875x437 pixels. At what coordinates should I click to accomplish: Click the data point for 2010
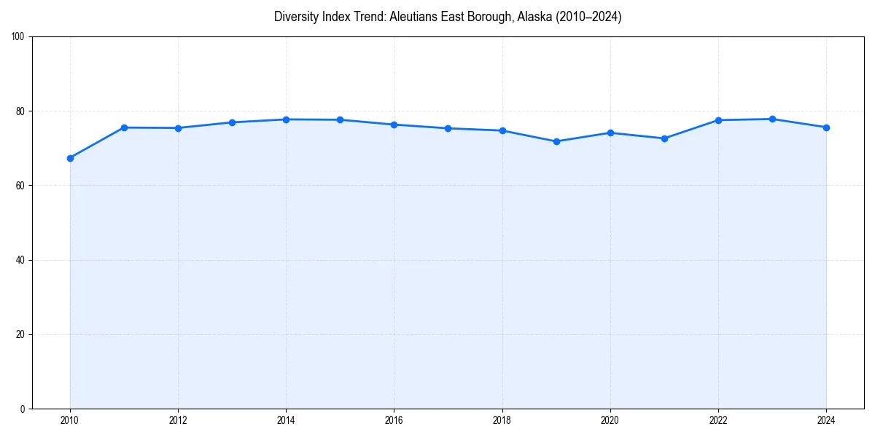tap(70, 158)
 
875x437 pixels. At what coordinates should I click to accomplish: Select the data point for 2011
tap(124, 127)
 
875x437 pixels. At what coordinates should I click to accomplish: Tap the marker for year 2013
tap(232, 122)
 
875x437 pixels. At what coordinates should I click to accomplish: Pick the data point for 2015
tap(340, 119)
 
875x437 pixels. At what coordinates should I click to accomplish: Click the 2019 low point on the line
tap(556, 141)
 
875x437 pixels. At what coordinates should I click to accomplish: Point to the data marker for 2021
tap(664, 138)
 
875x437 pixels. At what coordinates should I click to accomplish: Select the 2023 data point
tap(772, 119)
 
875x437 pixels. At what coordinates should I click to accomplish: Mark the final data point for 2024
tap(826, 127)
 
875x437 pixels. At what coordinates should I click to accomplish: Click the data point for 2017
tap(448, 128)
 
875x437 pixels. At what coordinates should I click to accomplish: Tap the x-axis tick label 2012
tap(178, 420)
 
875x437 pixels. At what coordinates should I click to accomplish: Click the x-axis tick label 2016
tap(394, 420)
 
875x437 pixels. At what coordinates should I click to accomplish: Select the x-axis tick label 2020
tap(610, 420)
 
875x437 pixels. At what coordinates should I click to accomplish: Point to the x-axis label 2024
tap(826, 420)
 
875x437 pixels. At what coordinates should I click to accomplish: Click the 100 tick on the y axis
tap(18, 37)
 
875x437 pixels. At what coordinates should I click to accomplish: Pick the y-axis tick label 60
tap(20, 186)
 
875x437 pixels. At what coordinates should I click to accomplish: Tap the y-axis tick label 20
tap(20, 334)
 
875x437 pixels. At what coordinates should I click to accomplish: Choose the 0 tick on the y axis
tap(23, 409)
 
